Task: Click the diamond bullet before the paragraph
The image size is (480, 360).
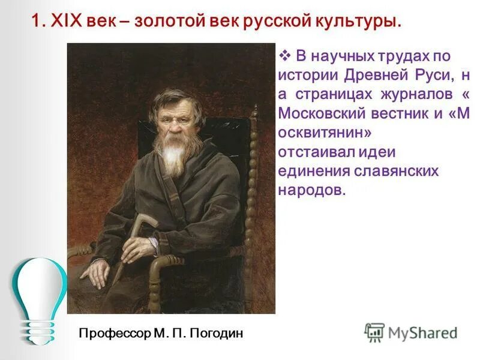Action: pos(284,56)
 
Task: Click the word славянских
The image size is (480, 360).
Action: pos(396,172)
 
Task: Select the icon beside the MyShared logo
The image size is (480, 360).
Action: pos(374,332)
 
